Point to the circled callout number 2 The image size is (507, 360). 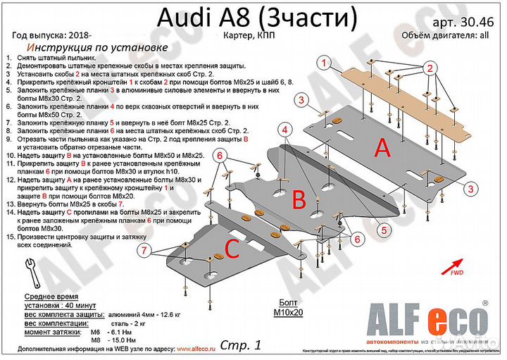[427, 68]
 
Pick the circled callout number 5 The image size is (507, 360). [385, 229]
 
